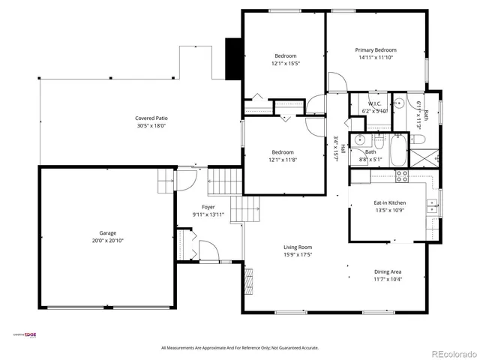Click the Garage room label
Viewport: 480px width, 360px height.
[104, 233]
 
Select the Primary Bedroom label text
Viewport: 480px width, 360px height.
[375, 49]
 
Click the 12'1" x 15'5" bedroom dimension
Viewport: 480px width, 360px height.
[285, 64]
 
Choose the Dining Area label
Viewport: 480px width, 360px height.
[388, 271]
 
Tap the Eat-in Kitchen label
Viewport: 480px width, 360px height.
[390, 202]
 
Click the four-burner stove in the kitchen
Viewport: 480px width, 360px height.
[401, 177]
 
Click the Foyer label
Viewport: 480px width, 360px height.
[208, 207]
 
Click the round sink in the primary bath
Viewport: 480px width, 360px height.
[400, 103]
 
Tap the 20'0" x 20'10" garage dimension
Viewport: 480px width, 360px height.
[104, 241]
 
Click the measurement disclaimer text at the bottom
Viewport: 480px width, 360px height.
[240, 348]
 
